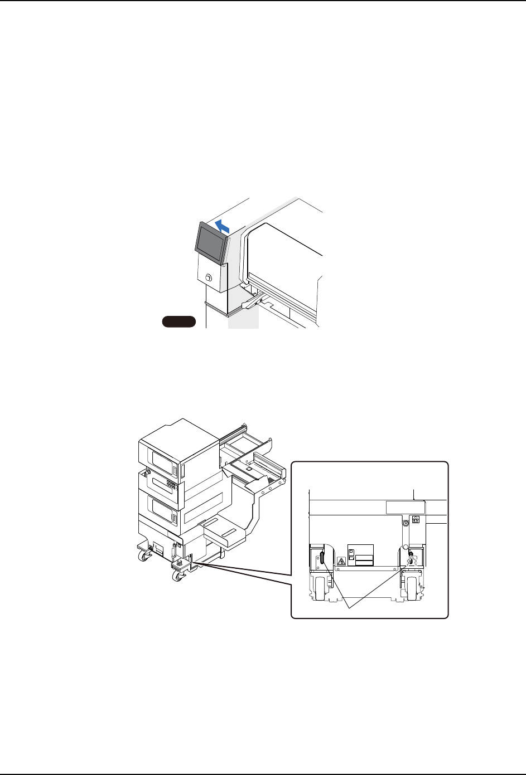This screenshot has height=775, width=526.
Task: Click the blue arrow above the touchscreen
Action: pyautogui.click(x=222, y=226)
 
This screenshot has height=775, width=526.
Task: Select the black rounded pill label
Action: pyautogui.click(x=178, y=320)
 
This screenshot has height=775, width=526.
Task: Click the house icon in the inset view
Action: pyautogui.click(x=416, y=519)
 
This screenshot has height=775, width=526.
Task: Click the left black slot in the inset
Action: pyautogui.click(x=322, y=558)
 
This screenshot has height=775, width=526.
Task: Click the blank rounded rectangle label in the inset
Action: pyautogui.click(x=406, y=507)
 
